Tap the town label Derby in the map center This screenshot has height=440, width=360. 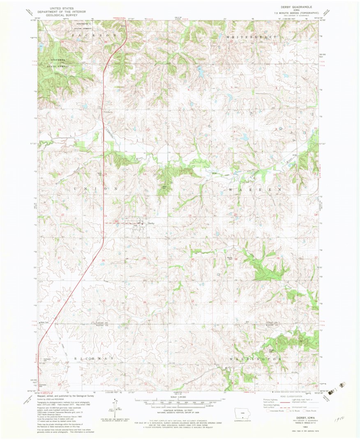click(151, 223)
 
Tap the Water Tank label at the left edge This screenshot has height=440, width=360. click(44, 323)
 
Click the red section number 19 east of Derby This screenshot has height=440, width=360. click(189, 215)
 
